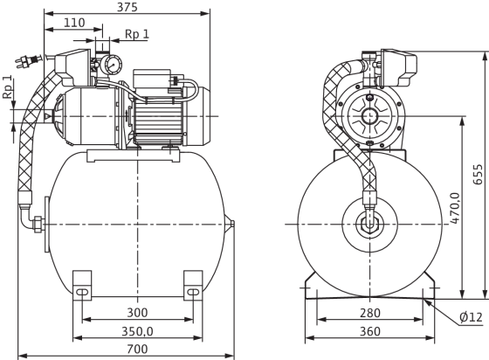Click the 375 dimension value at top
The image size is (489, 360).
point(127,7)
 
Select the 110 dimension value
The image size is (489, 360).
point(74,23)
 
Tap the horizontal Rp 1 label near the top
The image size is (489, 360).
point(137,34)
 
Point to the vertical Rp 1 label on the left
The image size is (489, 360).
point(8,87)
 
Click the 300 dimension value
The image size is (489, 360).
point(137,312)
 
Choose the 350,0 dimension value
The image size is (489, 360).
point(137,331)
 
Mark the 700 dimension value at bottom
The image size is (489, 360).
point(137,349)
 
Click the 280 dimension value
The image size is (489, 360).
point(370,313)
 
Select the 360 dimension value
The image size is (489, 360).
point(370,331)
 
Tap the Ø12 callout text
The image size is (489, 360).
point(471,317)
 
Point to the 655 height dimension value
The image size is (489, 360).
point(478,175)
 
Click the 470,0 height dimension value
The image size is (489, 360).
point(456,208)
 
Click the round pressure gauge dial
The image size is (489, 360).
point(112,66)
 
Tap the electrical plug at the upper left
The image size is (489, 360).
point(28,60)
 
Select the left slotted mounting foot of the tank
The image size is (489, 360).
point(82,286)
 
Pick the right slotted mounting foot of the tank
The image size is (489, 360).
point(193,286)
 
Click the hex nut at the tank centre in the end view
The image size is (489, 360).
point(369,225)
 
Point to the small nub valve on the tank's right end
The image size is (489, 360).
point(232,224)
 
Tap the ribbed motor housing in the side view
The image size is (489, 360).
point(157,124)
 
